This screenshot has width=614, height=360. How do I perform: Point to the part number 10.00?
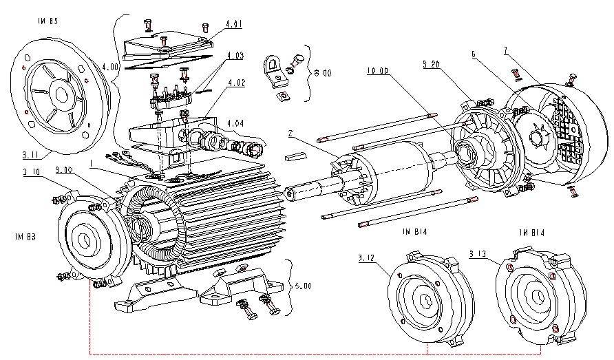tap(377, 70)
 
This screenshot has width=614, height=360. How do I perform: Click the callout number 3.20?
tap(432, 63)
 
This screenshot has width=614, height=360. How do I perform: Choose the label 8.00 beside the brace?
tap(322, 71)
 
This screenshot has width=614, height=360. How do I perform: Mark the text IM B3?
tap(23, 236)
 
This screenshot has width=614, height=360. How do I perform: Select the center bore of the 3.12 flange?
tap(424, 304)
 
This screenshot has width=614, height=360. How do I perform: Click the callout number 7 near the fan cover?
tap(506, 50)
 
